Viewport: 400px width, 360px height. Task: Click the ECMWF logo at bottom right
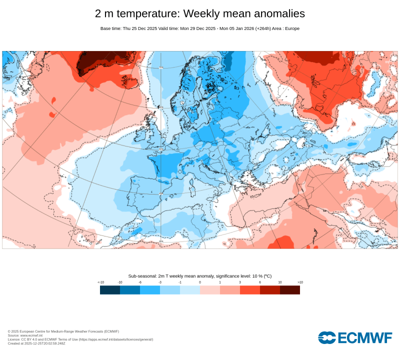(355, 337)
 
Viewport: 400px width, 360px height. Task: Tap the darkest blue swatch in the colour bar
(110, 290)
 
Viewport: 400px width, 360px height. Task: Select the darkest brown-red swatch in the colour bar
(290, 290)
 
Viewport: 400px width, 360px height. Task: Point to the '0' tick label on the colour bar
(200, 282)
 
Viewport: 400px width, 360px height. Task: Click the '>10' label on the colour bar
(300, 282)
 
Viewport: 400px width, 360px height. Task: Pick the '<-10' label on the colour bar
(100, 282)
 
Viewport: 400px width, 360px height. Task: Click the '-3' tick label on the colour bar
(160, 282)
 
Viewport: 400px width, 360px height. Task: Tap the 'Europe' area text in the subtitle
(292, 28)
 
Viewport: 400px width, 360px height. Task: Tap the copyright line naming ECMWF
(63, 331)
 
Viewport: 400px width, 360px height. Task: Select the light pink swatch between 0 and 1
(210, 290)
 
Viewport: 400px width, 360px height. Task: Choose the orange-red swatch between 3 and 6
(250, 290)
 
